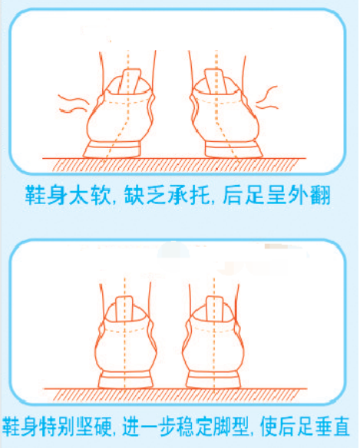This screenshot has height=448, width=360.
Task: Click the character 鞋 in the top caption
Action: click(x=35, y=195)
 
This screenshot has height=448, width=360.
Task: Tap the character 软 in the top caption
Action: click(x=101, y=195)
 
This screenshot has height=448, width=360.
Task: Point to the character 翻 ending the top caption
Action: click(x=320, y=195)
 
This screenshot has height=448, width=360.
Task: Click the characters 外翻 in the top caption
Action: click(x=309, y=195)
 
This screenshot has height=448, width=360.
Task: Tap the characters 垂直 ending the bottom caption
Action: click(x=329, y=427)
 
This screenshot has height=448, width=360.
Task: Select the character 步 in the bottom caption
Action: click(x=169, y=427)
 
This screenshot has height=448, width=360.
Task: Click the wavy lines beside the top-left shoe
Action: click(x=73, y=104)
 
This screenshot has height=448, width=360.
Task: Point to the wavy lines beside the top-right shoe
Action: click(x=267, y=97)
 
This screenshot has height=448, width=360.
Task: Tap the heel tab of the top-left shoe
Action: click(x=130, y=82)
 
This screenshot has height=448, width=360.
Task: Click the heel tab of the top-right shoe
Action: click(x=216, y=81)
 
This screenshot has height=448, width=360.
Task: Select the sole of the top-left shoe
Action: click(x=113, y=149)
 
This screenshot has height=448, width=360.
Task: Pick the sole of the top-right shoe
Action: click(x=233, y=149)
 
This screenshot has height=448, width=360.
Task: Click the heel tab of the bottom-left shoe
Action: click(x=124, y=309)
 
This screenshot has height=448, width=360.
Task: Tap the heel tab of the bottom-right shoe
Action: click(x=214, y=309)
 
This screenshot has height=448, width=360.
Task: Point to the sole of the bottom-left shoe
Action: click(x=126, y=380)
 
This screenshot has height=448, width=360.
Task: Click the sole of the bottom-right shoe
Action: click(x=213, y=380)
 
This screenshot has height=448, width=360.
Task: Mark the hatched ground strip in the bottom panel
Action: click(x=176, y=395)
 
